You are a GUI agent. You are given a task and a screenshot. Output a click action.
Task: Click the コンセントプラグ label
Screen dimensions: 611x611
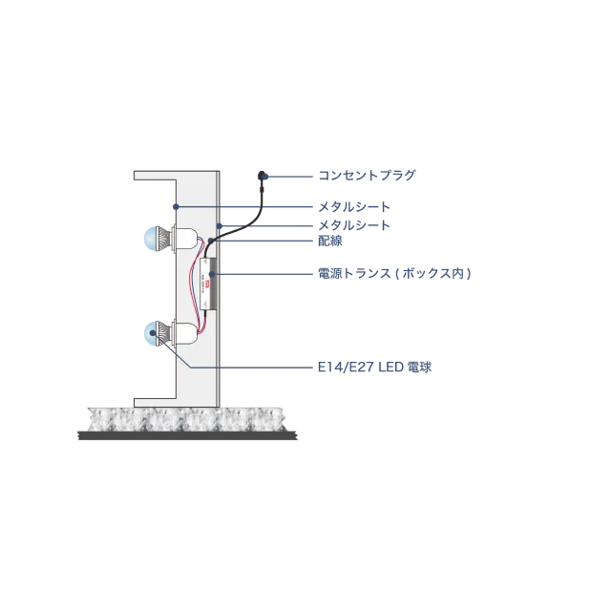click(367, 176)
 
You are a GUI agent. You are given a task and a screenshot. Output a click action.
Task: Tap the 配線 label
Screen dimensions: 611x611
click(330, 241)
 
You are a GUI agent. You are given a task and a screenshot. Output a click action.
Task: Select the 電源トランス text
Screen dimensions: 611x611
click(354, 273)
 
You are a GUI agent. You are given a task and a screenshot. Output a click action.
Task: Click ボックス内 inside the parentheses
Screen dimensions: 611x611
click(432, 273)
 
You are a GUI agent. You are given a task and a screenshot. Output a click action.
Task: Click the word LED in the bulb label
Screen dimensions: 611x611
click(390, 368)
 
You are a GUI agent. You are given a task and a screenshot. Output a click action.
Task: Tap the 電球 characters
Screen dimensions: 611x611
click(419, 368)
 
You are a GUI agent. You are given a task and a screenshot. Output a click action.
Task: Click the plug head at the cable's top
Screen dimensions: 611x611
click(262, 176)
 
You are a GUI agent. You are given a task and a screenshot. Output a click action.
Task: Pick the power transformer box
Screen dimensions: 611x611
click(208, 284)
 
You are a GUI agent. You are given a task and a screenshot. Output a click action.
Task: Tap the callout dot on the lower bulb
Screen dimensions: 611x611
click(153, 333)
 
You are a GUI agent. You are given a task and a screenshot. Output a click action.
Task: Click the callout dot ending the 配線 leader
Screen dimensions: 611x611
click(211, 241)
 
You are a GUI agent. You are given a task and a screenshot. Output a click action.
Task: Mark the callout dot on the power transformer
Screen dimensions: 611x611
click(212, 274)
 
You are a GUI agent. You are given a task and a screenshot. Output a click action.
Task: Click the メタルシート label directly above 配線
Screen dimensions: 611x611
click(354, 225)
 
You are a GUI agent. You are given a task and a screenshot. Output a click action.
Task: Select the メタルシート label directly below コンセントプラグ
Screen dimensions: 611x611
click(354, 207)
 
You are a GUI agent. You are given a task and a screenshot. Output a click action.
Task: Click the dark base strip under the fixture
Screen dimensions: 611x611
click(188, 435)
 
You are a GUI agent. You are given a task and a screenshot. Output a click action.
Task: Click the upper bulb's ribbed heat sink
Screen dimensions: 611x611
click(164, 239)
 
